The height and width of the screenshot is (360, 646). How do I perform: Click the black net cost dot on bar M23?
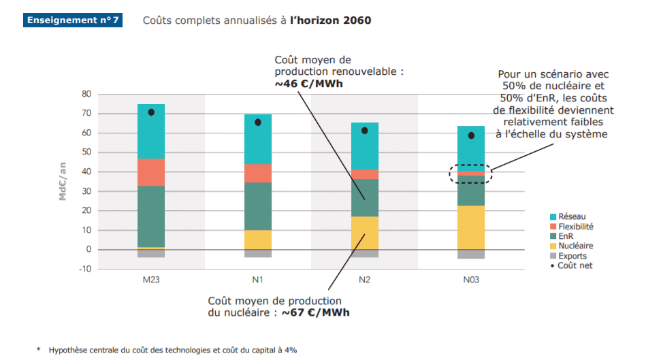tap(151, 112)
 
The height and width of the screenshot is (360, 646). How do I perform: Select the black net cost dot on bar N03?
tap(471, 135)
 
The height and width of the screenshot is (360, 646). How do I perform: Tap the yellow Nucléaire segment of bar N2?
tap(364, 233)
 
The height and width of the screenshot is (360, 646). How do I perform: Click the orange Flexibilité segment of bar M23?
tap(151, 172)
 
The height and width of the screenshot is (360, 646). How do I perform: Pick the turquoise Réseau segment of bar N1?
tap(258, 140)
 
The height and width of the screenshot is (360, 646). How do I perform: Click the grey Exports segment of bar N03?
tap(471, 254)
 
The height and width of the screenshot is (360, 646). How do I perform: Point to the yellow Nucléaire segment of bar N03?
tap(471, 227)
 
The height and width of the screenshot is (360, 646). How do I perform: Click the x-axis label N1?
tap(258, 280)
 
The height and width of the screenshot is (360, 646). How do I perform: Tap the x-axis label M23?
tap(151, 280)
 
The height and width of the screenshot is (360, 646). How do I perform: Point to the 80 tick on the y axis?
tap(86, 94)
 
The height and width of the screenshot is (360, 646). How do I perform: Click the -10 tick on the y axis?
tap(85, 269)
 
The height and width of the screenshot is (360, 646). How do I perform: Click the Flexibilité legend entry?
tap(570, 227)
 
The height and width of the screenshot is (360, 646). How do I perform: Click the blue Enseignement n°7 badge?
tap(73, 20)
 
